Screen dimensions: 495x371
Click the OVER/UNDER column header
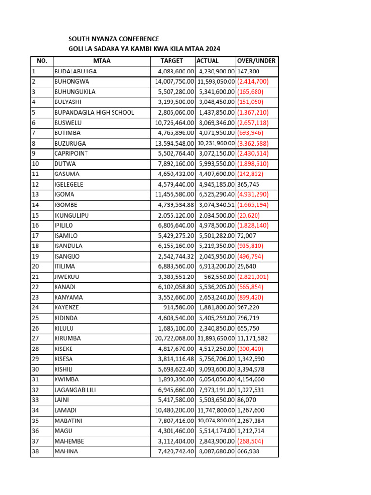click(256, 61)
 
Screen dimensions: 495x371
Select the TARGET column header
click(172, 61)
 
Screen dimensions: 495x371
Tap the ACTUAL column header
click(208, 61)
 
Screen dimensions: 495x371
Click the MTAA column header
click(102, 61)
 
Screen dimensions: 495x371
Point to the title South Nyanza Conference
click(114, 39)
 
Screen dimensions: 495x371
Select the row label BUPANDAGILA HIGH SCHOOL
click(94, 113)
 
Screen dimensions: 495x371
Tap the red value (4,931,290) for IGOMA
click(253, 194)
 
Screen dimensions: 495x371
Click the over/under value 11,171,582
click(253, 338)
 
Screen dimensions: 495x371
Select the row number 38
click(35, 451)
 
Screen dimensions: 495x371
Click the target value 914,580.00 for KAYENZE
click(178, 307)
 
